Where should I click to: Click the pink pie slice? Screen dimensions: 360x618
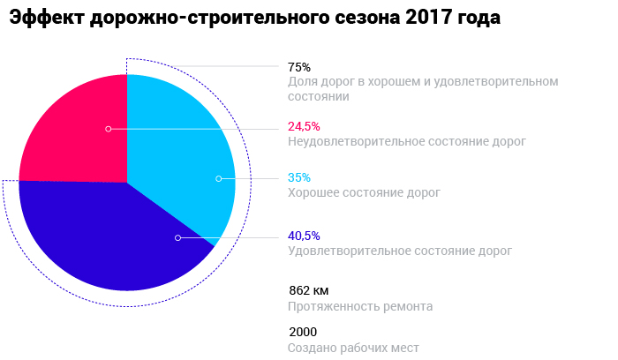tap(71, 132)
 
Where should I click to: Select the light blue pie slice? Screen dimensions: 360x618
tap(181, 150)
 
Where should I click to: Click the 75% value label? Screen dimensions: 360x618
tap(299, 67)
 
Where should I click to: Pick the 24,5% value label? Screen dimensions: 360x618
tap(304, 126)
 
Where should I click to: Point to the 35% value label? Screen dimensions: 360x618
tap(299, 177)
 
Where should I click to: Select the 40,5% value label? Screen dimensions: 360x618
tap(304, 236)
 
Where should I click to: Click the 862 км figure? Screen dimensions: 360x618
tap(308, 290)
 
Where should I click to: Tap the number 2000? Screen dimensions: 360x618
tap(303, 333)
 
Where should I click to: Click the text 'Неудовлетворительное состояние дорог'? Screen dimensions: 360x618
tap(406, 141)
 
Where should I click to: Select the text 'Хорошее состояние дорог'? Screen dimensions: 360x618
tap(364, 192)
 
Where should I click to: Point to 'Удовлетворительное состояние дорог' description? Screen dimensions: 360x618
tap(399, 251)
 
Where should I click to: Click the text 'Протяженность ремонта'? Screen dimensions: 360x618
tap(360, 306)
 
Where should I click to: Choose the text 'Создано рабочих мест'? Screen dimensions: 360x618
tap(353, 348)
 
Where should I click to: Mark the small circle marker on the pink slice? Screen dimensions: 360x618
tap(109, 129)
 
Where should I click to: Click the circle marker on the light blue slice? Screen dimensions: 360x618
tap(218, 179)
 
